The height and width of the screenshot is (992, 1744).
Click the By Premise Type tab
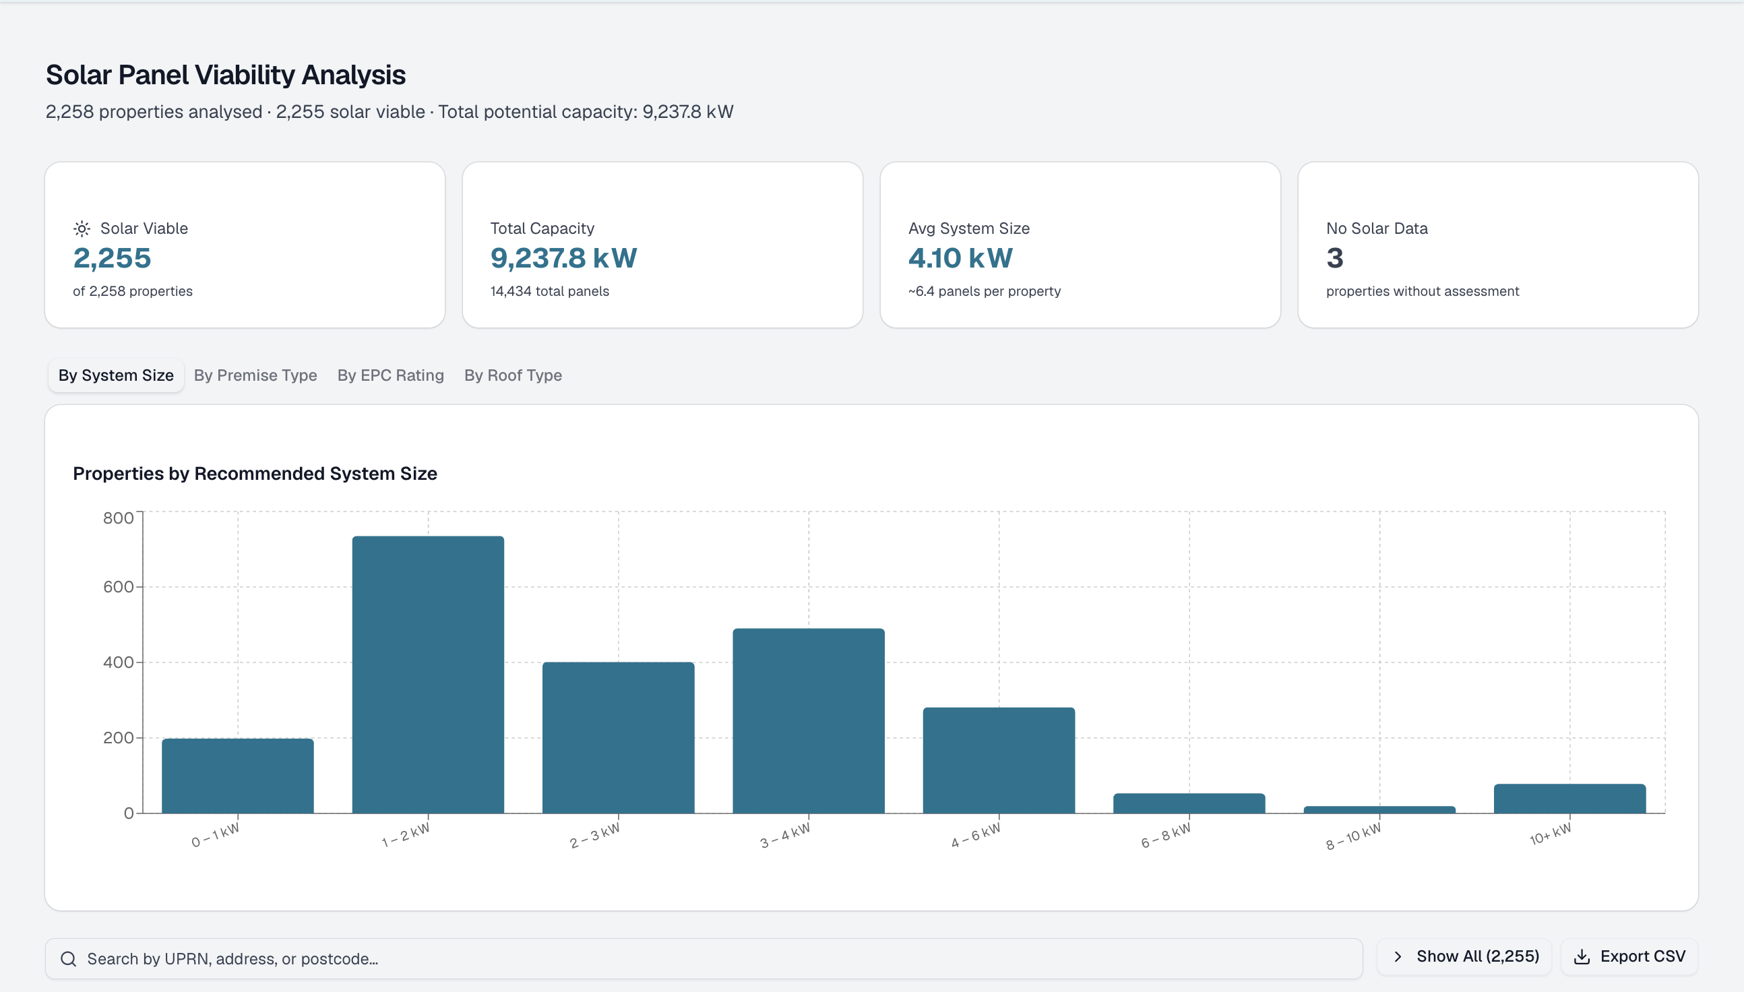click(255, 375)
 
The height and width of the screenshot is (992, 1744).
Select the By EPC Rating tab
click(390, 375)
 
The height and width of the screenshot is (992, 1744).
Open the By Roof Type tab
click(513, 375)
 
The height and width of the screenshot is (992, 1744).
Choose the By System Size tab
click(116, 375)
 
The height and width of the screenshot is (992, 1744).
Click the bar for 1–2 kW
click(428, 675)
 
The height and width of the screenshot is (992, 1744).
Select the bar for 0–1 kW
click(238, 776)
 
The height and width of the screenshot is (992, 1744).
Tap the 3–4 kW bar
click(809, 721)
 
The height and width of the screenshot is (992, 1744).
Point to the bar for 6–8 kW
click(1189, 803)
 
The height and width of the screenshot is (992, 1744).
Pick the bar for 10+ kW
click(1569, 799)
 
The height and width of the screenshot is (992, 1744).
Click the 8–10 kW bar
click(1379, 809)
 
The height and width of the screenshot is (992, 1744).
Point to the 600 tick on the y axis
click(119, 586)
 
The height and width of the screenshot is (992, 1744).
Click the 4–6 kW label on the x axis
click(976, 835)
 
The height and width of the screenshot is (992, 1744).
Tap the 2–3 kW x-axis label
click(595, 835)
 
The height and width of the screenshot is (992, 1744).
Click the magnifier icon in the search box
click(68, 958)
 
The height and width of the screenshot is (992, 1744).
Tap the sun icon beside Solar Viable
click(82, 228)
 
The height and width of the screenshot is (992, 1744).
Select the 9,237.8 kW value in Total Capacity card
click(563, 258)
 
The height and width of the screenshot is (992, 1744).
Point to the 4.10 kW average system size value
click(960, 258)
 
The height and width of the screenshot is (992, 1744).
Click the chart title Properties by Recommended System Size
click(255, 474)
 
